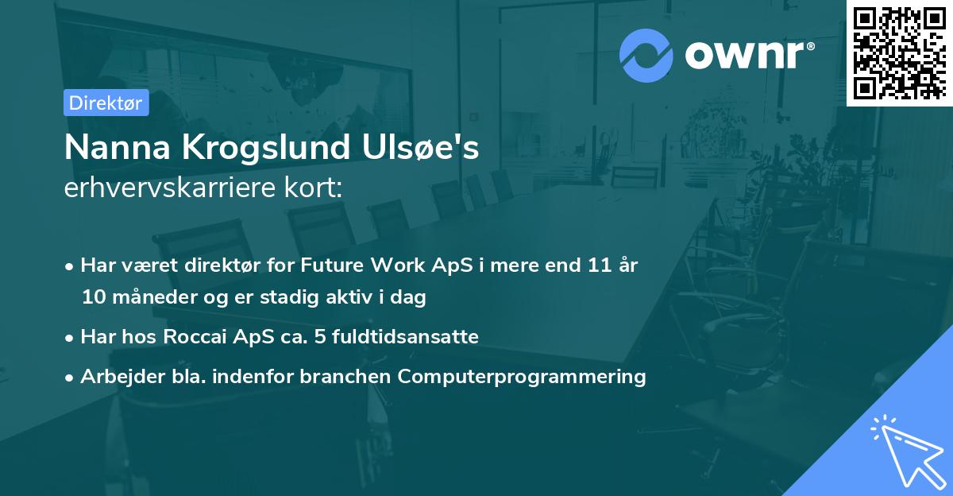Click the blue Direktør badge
coord(106,103)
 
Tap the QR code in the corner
coord(899,53)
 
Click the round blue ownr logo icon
coord(646,56)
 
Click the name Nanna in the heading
coord(118,147)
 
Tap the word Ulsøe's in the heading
coord(421,147)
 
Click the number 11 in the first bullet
coord(600,265)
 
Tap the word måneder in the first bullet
coord(155,296)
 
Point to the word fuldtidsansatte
coord(406,336)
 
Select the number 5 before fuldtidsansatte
coord(320,337)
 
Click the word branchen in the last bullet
coord(345,376)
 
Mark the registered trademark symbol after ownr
coord(810,46)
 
